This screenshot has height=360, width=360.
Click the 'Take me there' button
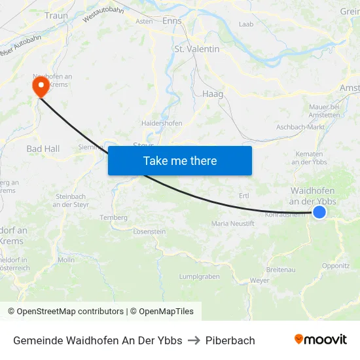coord(180,160)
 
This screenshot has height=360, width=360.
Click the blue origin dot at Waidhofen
coord(319,211)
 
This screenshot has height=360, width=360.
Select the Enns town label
coord(171,21)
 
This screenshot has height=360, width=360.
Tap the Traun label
coord(56,15)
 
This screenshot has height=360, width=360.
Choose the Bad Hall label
coord(43,149)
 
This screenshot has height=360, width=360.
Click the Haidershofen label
coord(162,122)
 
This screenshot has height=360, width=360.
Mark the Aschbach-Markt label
coord(300,127)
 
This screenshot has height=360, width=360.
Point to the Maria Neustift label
coord(232,224)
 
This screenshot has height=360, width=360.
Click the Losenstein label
coord(149,232)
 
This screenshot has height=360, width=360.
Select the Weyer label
coord(260,280)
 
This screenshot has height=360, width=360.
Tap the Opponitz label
coord(336,266)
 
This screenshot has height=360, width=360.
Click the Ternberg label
coord(113,217)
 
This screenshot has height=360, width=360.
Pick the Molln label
coord(66,260)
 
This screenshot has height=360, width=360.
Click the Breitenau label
coord(281,270)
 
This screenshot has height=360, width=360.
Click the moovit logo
coord(321,339)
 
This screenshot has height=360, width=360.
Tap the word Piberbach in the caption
coord(230,340)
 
